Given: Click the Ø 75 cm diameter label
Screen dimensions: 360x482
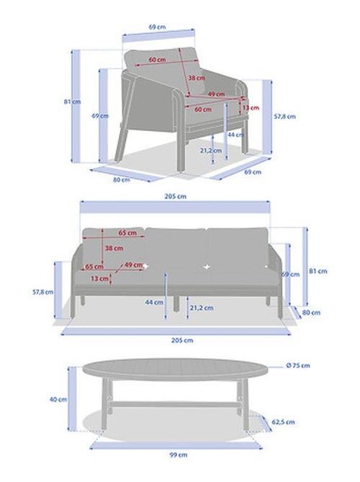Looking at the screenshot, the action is (297, 365).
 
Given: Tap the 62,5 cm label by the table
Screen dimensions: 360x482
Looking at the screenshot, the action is (283, 422).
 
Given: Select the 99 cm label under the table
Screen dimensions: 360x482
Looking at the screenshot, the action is (178, 455).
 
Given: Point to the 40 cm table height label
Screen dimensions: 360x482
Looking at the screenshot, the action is (58, 399).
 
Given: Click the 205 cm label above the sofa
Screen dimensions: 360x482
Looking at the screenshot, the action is (175, 196).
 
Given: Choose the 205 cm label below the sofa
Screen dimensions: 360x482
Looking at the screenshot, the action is (182, 340).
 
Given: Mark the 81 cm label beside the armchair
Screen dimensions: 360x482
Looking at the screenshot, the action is (73, 102).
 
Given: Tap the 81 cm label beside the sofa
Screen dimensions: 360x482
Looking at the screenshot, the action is (318, 271).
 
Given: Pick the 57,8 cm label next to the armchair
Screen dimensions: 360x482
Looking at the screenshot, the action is (284, 117).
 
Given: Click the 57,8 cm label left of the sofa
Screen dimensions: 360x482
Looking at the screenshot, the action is (43, 292).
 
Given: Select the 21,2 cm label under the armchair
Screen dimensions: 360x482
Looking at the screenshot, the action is (211, 151).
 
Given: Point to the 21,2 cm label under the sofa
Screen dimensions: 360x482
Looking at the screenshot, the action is (202, 308).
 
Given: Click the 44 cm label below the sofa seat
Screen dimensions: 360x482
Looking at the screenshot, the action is (154, 303).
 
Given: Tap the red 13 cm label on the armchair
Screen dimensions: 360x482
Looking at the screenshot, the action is (251, 108).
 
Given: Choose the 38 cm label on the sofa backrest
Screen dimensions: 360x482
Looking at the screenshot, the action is (114, 248).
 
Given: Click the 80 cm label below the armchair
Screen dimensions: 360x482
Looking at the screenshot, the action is (122, 179).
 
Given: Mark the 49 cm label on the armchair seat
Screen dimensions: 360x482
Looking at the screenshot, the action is (216, 94).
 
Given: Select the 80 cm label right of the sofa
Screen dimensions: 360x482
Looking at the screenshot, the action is (311, 313).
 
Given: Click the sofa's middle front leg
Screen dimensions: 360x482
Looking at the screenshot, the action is (176, 304).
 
